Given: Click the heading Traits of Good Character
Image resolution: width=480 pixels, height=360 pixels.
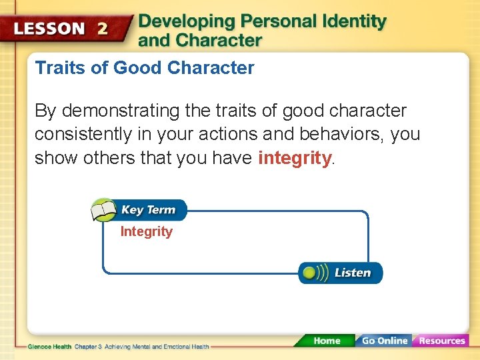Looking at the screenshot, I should [145, 68].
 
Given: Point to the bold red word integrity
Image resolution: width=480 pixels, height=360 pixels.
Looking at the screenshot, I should [294, 158].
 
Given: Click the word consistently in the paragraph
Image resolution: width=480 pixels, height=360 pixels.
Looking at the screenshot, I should [83, 134].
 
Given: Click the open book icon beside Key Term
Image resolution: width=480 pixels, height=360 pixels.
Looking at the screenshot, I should [103, 210].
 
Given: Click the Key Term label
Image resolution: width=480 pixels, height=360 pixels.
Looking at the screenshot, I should [148, 210].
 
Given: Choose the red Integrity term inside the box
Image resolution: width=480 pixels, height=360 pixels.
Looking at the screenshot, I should [146, 232].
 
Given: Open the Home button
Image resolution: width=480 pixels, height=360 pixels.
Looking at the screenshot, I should [326, 341].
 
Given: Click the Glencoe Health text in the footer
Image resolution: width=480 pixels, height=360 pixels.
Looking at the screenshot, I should [49, 347].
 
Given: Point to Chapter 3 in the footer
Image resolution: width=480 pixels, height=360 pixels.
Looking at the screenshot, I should [87, 347].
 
